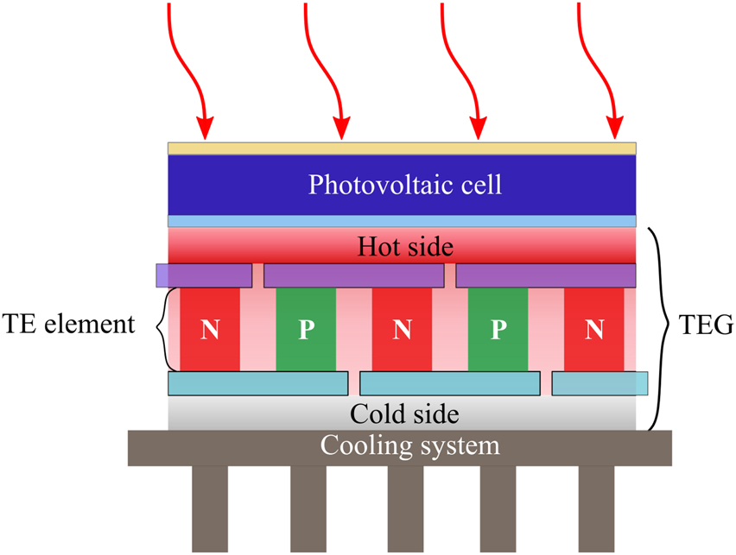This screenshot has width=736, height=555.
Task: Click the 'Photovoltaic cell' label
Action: pyautogui.click(x=405, y=185)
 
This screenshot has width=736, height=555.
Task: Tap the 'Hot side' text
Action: pyautogui.click(x=405, y=247)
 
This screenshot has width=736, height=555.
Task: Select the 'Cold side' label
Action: pyautogui.click(x=404, y=413)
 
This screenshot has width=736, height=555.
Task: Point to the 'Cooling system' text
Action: pyautogui.click(x=410, y=446)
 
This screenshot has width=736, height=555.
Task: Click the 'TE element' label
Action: pyautogui.click(x=68, y=325)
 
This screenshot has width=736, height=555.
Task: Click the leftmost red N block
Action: pyautogui.click(x=210, y=329)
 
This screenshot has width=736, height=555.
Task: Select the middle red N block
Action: pyautogui.click(x=402, y=329)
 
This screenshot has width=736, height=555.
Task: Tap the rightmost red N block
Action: pyautogui.click(x=593, y=329)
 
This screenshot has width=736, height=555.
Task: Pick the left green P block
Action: pyautogui.click(x=306, y=329)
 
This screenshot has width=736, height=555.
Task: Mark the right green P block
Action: pyautogui.click(x=498, y=329)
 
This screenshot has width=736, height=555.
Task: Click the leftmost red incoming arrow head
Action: pyautogui.click(x=205, y=129)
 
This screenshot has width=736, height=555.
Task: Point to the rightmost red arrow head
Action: pyautogui.click(x=615, y=129)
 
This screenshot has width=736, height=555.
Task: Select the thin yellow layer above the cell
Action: pyautogui.click(x=402, y=148)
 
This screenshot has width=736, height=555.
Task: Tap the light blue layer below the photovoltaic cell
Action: pyautogui.click(x=402, y=221)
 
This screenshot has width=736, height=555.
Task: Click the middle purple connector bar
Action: pyautogui.click(x=353, y=275)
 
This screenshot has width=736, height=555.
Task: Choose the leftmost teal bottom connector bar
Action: pyautogui.click(x=257, y=382)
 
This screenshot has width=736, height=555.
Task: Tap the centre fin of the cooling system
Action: pyautogui.click(x=405, y=509)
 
